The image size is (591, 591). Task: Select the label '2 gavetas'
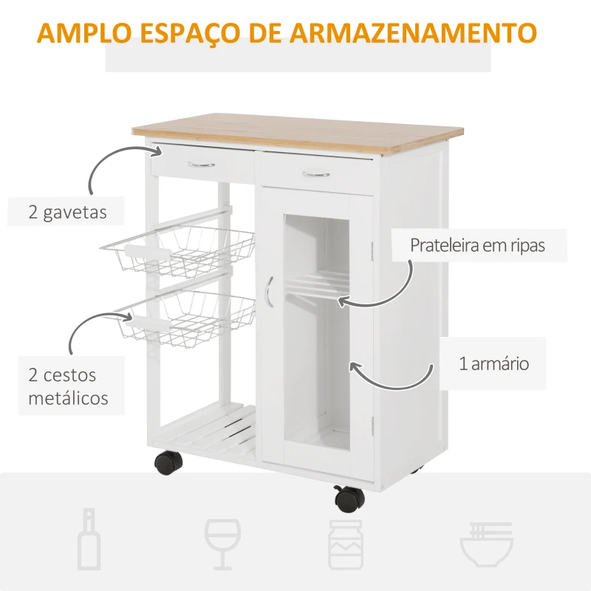point(67,213)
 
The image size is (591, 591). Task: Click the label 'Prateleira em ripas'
point(477,245)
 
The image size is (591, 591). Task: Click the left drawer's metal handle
point(201,165)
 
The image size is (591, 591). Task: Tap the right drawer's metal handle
point(316,174)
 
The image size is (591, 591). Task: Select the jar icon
point(345,543)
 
